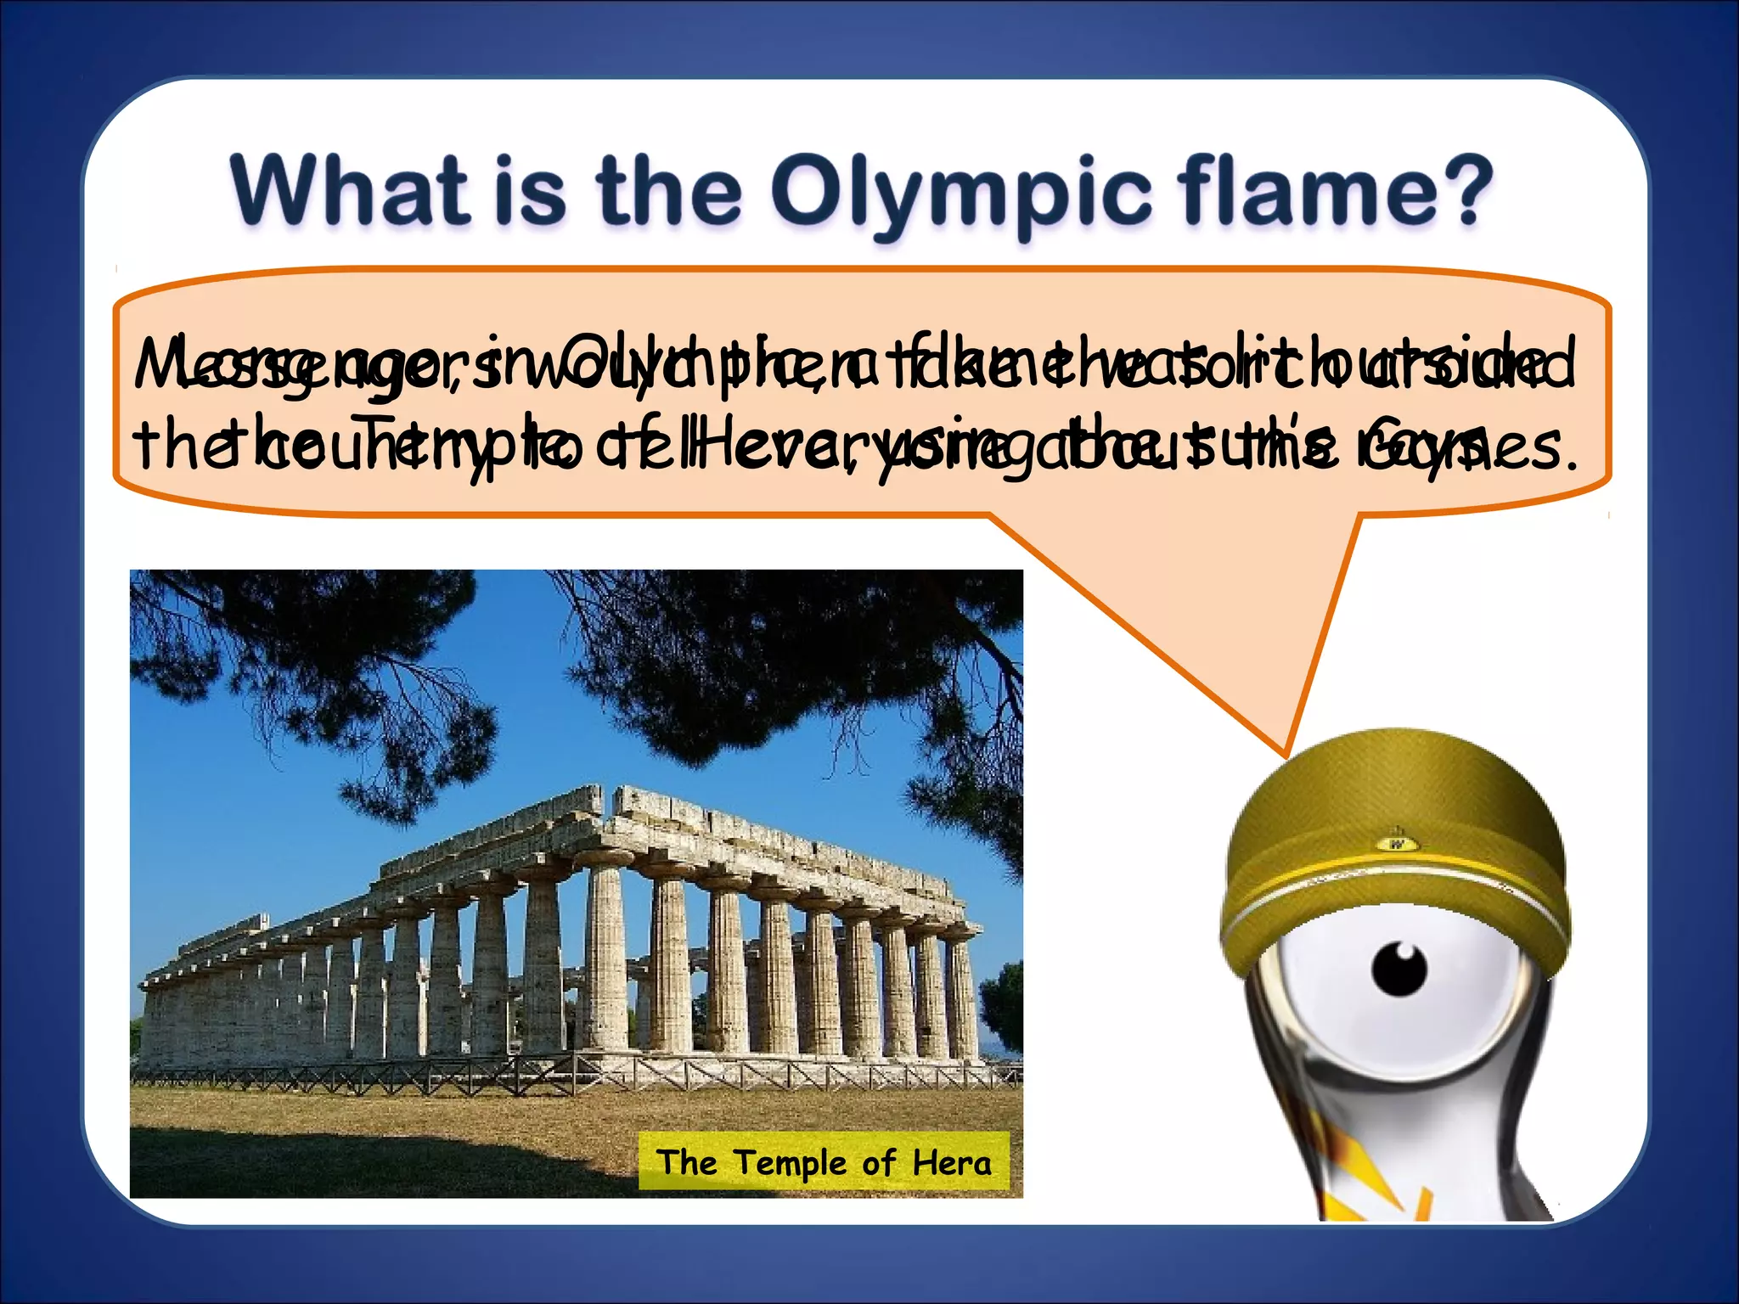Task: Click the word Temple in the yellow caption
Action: tap(791, 1162)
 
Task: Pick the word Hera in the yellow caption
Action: tap(952, 1162)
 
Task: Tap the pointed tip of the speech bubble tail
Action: tap(1285, 754)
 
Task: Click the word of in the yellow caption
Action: tap(878, 1162)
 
